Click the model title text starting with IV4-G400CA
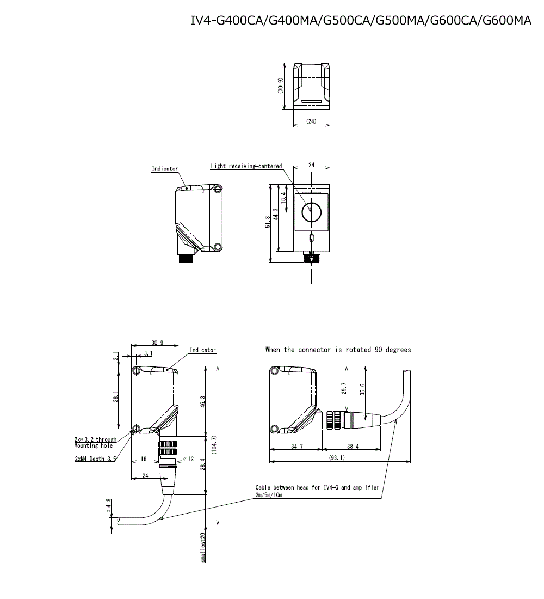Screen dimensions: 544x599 pos(361,20)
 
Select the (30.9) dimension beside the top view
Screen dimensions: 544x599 pos(281,85)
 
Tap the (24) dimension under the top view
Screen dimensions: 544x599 pos(311,121)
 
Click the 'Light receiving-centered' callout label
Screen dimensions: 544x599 pos(246,166)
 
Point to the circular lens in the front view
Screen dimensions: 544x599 pos(311,212)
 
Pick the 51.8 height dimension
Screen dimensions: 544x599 pos(268,222)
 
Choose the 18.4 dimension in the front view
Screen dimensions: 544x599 pos(283,198)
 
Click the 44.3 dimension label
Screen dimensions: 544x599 pos(276,215)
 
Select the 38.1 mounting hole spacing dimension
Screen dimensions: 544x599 pos(115,396)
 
